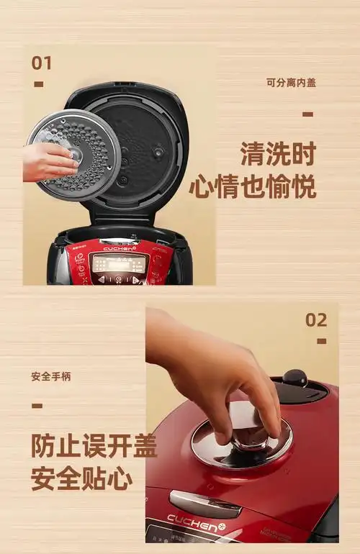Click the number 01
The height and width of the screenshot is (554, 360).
[41, 63]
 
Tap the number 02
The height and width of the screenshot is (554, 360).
[316, 320]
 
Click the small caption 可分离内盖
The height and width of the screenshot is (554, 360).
[291, 83]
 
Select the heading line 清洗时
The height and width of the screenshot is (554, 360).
[278, 153]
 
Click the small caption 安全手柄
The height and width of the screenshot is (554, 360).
[51, 376]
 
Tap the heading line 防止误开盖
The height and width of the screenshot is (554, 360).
[94, 446]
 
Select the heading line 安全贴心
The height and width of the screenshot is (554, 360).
[81, 477]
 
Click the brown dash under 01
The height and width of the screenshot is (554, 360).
[38, 85]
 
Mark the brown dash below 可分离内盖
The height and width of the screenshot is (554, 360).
[307, 114]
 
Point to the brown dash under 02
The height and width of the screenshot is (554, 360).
[321, 342]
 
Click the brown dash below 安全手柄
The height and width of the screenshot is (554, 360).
[37, 406]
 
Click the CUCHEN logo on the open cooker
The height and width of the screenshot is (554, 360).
[120, 249]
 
